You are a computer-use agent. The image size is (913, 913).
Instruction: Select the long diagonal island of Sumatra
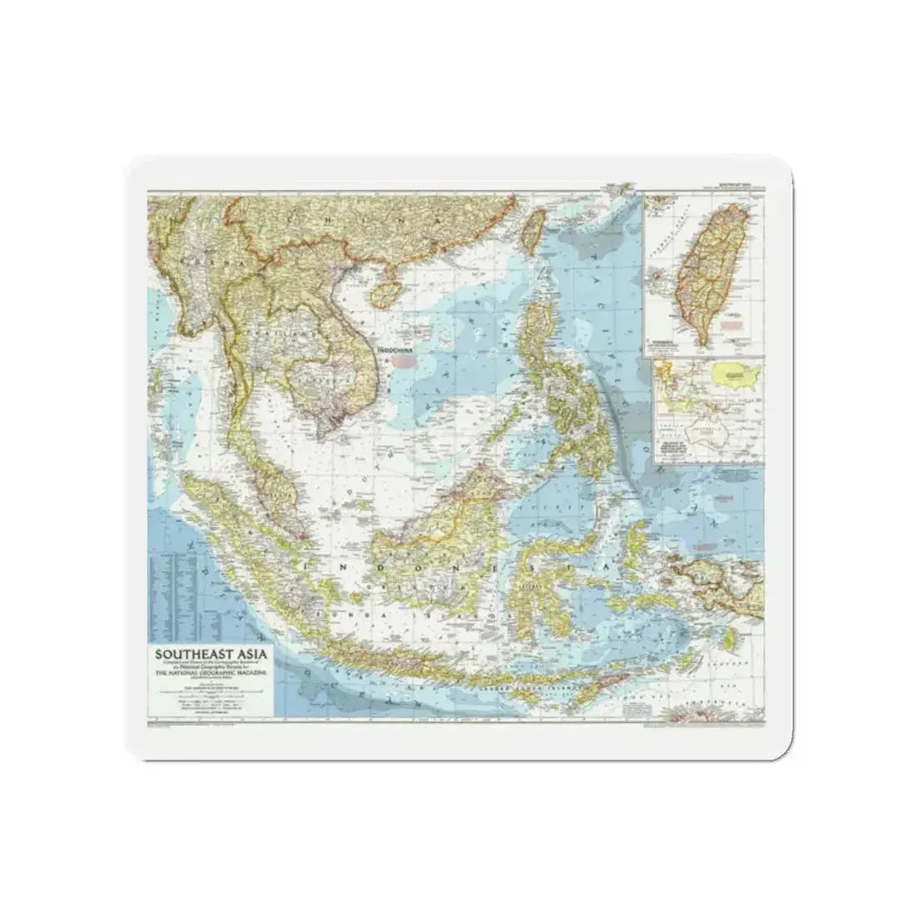point(241,539)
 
